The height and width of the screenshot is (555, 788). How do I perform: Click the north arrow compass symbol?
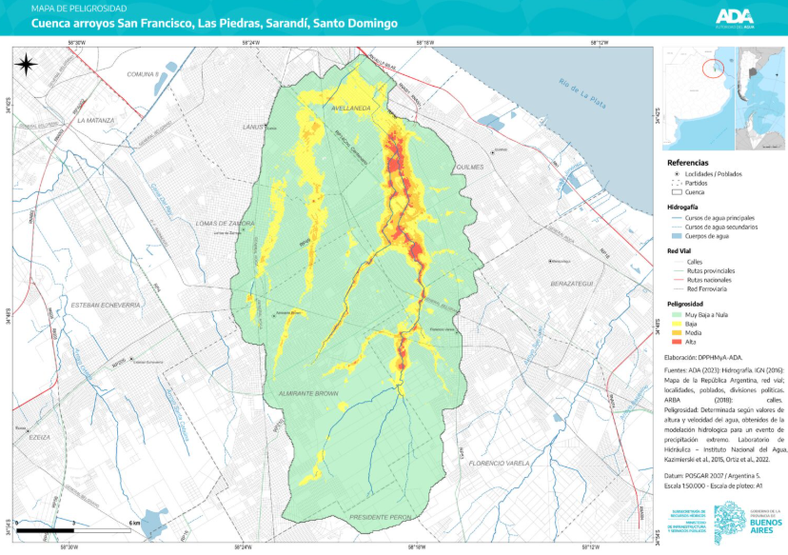pyautogui.click(x=26, y=64)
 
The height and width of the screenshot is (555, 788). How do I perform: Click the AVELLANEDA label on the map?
pyautogui.click(x=351, y=108)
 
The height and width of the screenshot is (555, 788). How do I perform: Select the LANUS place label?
pyautogui.click(x=252, y=127)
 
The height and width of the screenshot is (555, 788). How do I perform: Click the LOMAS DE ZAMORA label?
pyautogui.click(x=225, y=223)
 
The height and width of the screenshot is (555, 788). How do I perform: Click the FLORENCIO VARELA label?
pyautogui.click(x=499, y=464)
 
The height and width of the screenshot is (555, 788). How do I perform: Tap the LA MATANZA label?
pyautogui.click(x=96, y=121)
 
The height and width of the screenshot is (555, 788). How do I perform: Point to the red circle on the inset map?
pyautogui.click(x=714, y=67)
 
